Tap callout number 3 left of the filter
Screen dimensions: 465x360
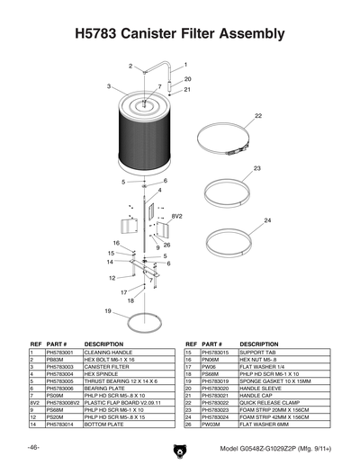(x=108, y=86)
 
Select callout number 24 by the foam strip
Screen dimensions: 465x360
(x=267, y=220)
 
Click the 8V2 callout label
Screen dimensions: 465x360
(x=177, y=217)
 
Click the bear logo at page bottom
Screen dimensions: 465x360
(x=179, y=447)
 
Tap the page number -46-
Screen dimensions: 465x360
(x=32, y=447)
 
